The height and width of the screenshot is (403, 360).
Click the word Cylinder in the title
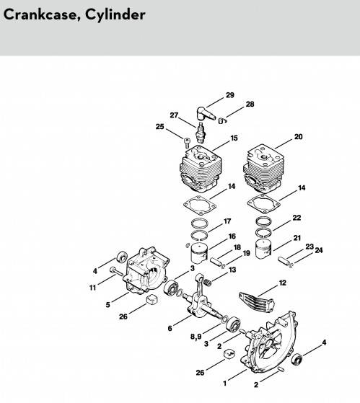tap(115, 15)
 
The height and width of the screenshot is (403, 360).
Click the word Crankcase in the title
tap(41, 14)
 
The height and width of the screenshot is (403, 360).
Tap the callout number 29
tap(230, 95)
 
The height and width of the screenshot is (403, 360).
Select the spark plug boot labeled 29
tap(206, 113)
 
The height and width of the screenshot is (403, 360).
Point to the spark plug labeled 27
tap(201, 132)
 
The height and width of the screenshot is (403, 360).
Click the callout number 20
tap(298, 137)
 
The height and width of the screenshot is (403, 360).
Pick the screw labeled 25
tap(187, 143)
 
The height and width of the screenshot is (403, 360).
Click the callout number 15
tap(234, 138)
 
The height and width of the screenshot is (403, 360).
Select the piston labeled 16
tap(199, 253)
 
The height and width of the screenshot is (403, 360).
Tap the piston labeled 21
tap(263, 249)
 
